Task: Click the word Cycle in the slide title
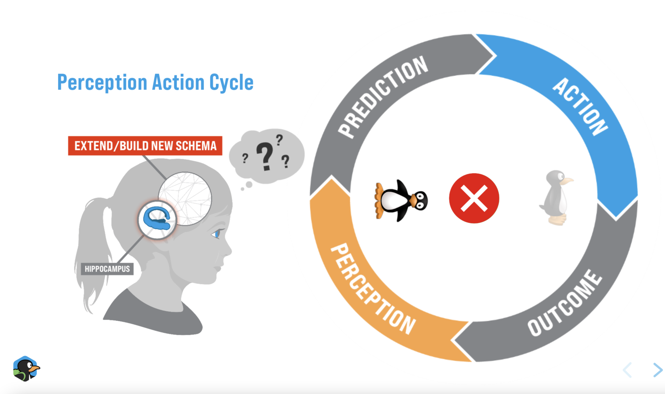tap(231, 82)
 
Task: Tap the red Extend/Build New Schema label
tap(145, 146)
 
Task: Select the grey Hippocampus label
tap(107, 269)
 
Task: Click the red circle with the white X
tap(474, 198)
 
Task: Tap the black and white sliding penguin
tap(401, 201)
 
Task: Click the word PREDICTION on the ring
tap(382, 96)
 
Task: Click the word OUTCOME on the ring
tap(565, 304)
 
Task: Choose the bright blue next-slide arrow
tap(657, 370)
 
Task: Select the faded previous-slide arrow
tap(628, 370)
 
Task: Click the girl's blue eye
tap(217, 234)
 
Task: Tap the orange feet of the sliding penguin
tap(379, 201)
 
